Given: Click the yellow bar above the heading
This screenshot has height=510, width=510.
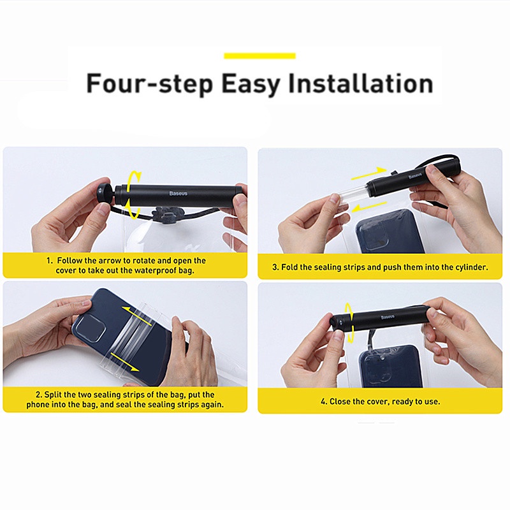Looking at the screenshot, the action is pos(259,55).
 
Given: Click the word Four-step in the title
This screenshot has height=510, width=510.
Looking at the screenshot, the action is pos(150,84).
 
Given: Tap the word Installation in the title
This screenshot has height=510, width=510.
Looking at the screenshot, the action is pos(360,84).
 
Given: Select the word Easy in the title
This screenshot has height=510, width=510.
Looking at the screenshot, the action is pos(251,84).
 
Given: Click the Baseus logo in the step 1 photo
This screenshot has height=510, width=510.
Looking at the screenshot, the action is pos(178,194).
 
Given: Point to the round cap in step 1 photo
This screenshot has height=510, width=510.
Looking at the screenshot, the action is pos(104,194).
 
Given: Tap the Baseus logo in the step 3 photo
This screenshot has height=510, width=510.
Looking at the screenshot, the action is pos(415,176).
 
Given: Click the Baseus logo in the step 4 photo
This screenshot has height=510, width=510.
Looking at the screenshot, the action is pos(388,317).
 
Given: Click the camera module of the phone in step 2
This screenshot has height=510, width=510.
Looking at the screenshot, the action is pos(92,328).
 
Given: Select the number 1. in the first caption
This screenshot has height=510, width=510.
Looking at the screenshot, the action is pos(49,261).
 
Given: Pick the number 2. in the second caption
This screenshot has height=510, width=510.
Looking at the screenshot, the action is pos(39,395).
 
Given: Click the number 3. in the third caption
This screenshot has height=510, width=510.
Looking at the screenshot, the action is pos(275,267).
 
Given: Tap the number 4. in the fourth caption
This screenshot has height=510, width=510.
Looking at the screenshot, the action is pos(324,402).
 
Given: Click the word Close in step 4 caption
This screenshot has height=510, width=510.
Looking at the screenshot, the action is pos(339,402).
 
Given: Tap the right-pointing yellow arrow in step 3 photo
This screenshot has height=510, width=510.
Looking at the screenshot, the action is pos(369,173).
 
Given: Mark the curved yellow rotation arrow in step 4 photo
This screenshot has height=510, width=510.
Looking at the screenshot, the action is pos(349,323).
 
